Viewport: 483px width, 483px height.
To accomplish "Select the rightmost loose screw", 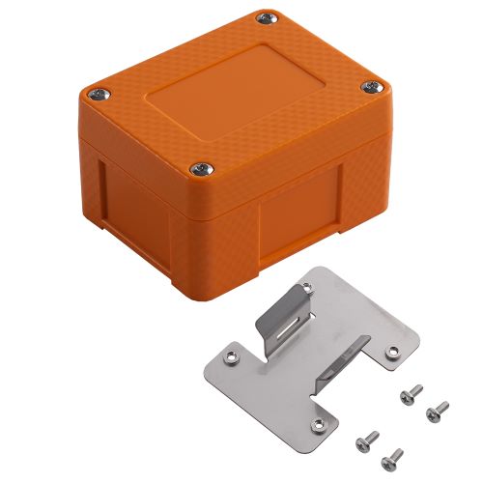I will (436, 410).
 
